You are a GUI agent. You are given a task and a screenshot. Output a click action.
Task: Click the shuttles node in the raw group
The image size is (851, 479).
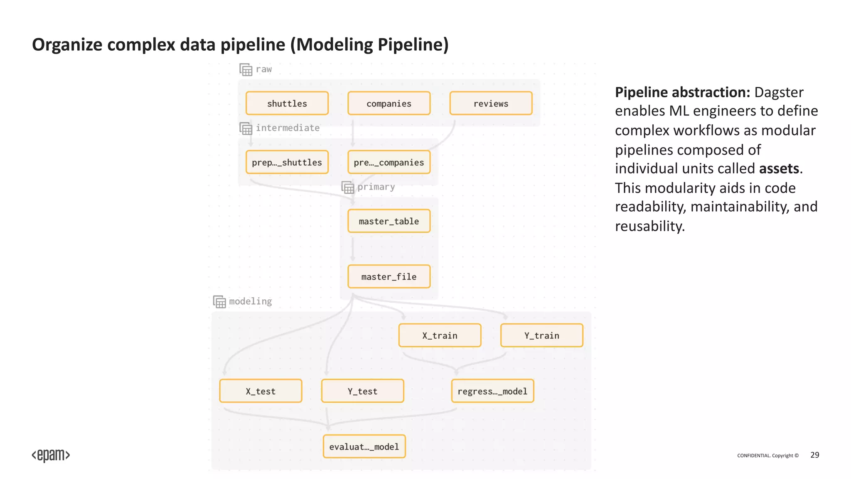point(287,103)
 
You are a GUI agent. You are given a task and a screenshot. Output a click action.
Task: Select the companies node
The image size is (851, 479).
point(389,103)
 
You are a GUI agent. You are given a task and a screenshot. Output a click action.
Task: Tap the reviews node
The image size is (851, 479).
point(491,103)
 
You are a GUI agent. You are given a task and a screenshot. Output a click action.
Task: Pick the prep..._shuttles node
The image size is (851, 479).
point(287,162)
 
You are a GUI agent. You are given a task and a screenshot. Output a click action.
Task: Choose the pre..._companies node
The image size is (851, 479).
point(389,162)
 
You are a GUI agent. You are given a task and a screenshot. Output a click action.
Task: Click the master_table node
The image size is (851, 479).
point(389,221)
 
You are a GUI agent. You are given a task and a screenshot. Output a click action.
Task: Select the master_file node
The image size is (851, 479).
point(389,277)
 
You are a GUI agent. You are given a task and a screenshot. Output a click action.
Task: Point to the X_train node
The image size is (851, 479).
point(440,335)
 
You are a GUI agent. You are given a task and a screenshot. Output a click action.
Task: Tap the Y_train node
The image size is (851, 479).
point(541,335)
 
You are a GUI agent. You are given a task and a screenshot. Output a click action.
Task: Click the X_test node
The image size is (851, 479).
point(261,391)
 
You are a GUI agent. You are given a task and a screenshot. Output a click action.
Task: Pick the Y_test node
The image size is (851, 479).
point(362,391)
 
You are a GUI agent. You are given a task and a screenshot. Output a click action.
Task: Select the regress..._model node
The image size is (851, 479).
point(492,391)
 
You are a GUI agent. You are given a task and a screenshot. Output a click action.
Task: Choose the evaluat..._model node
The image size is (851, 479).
point(364,446)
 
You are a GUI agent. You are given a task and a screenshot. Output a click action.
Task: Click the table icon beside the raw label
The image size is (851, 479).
point(246,69)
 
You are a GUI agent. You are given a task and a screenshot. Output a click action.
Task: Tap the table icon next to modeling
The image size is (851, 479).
point(219,301)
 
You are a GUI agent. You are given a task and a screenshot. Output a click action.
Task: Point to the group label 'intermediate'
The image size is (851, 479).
point(288,128)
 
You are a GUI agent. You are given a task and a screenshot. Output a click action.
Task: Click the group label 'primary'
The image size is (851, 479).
point(376,187)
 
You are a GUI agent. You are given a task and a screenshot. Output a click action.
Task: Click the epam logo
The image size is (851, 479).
point(51,455)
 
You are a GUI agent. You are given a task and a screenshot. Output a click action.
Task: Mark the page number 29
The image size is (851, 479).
point(814,455)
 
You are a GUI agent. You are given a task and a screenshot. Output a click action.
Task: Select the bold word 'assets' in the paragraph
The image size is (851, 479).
point(779,168)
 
